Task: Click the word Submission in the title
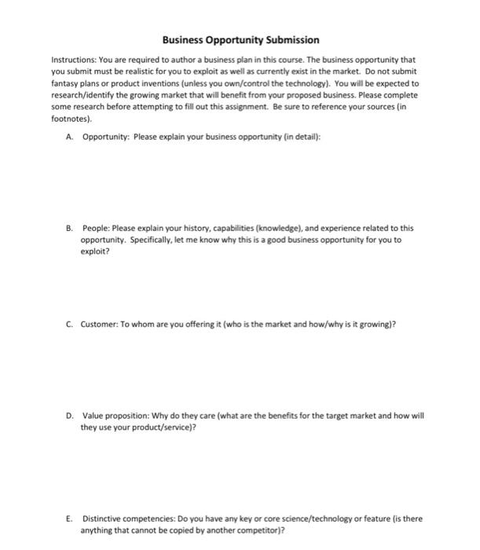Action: coord(286,39)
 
